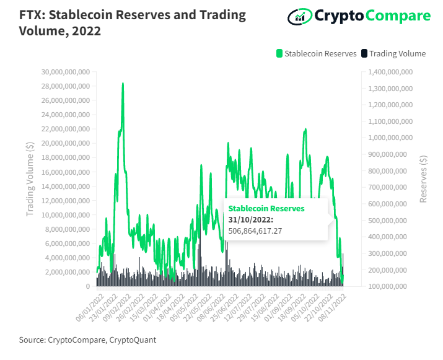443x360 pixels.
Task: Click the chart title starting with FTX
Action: click(x=132, y=23)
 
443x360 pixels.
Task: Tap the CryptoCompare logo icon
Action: click(x=300, y=16)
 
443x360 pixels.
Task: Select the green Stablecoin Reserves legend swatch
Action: click(x=279, y=53)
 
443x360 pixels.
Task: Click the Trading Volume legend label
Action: click(x=397, y=53)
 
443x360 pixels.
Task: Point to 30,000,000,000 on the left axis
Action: click(x=66, y=72)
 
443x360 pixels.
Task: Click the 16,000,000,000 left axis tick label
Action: click(x=66, y=172)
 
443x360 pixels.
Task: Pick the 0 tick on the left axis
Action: click(x=88, y=286)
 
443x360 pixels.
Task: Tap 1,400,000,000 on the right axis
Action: click(x=390, y=72)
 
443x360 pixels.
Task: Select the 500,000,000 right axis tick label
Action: click(x=387, y=220)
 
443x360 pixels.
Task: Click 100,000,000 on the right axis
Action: click(x=387, y=286)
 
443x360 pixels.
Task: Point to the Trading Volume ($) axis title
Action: click(x=30, y=179)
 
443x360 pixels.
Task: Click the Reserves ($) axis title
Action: click(x=423, y=179)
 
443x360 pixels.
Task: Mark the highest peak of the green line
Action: click(x=123, y=84)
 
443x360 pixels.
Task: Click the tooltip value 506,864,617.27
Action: click(x=255, y=231)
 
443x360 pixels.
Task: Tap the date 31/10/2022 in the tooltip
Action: click(x=250, y=219)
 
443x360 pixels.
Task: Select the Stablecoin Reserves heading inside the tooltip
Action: click(x=266, y=209)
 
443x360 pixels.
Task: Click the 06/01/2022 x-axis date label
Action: click(x=90, y=308)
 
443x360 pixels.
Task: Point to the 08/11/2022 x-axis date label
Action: click(x=332, y=308)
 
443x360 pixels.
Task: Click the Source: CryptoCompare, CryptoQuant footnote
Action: click(x=87, y=340)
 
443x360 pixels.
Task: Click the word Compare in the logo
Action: click(x=398, y=16)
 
